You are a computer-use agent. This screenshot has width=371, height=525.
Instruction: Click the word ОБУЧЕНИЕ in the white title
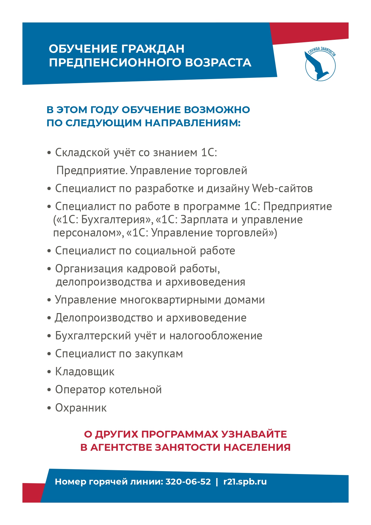pos(83,49)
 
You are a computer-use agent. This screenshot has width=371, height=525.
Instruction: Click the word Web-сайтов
pos(282,189)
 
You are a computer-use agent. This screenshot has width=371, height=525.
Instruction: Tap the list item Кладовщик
pos(85,372)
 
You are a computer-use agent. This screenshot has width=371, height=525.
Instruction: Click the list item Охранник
pos(81,408)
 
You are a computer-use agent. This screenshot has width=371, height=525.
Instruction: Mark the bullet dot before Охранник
pos(49,408)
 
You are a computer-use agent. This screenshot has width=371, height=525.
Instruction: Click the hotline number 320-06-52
pos(188,482)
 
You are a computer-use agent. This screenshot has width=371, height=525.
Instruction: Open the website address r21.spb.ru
pos(245,482)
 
